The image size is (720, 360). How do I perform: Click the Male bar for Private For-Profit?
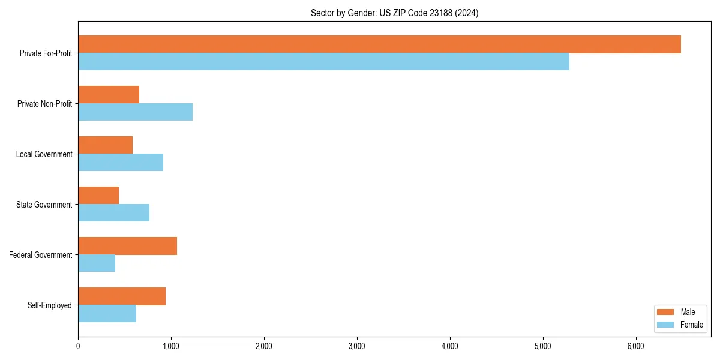379,44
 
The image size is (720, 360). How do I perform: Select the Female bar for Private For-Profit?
323,62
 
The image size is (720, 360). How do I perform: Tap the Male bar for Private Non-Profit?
109,95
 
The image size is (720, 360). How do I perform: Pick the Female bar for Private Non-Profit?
135,112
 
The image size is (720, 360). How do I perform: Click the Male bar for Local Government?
105,145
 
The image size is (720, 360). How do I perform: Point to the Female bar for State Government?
113,213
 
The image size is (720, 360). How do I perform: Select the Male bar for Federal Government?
127,246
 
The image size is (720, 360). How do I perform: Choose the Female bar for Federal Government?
97,263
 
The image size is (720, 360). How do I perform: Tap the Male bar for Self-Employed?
122,296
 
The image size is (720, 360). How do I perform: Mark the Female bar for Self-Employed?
107,314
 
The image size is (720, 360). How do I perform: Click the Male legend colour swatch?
665,312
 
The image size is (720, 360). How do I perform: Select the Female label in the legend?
692,325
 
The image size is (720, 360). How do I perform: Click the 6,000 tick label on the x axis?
635,346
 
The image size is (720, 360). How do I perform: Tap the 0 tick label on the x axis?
78,346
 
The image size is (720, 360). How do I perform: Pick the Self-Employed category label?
50,305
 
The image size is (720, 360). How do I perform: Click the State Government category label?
44,205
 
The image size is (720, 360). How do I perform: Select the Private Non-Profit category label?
44,104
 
